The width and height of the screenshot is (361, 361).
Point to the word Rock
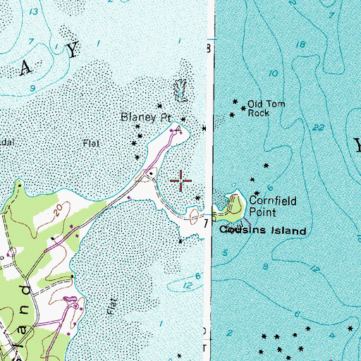(x=258, y=113)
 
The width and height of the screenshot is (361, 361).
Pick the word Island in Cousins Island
(x=286, y=231)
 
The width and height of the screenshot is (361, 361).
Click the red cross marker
(x=182, y=181)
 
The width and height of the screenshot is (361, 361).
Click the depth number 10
(x=273, y=73)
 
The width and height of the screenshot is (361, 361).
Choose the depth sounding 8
(x=267, y=267)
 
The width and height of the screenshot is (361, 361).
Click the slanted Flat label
(x=110, y=308)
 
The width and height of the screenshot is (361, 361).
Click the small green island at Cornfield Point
(x=234, y=206)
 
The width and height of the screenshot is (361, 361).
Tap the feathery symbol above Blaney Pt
(x=180, y=90)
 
